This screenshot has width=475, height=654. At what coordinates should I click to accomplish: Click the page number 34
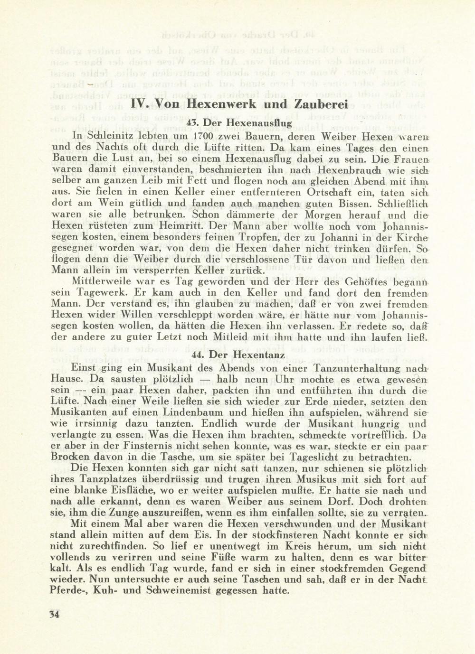(x=53, y=614)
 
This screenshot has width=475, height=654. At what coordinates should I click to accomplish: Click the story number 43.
(x=192, y=123)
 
